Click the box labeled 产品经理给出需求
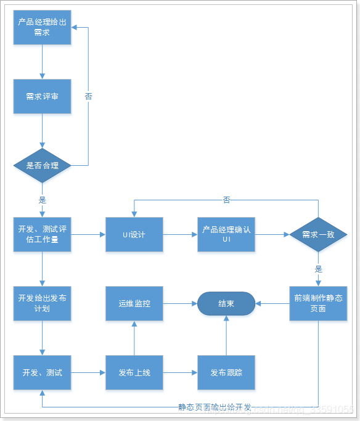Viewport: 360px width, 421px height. [42, 27]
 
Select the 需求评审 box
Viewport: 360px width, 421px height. [42, 96]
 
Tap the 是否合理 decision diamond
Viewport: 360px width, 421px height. [42, 165]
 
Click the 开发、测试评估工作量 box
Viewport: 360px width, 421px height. [42, 234]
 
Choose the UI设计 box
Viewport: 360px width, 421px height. [134, 234]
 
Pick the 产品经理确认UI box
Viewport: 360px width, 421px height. [226, 234]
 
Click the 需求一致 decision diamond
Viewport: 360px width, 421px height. [318, 234]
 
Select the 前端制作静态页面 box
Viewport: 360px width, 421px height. [318, 303]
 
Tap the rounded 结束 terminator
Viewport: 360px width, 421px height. [226, 303]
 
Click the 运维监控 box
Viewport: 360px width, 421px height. [134, 303]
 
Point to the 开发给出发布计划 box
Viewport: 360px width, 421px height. [42, 303]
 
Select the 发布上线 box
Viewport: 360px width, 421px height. [134, 372]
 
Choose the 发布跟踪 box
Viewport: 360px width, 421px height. [226, 372]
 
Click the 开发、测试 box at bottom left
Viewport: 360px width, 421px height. [42, 372]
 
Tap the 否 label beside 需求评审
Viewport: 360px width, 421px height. [88, 96]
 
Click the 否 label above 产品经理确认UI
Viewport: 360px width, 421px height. [226, 200]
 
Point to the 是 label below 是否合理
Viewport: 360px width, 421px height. [42, 200]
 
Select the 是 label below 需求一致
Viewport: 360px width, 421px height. [318, 269]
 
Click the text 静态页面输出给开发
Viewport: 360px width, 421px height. [215, 407]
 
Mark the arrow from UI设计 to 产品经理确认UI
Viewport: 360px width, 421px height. [180, 234]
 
